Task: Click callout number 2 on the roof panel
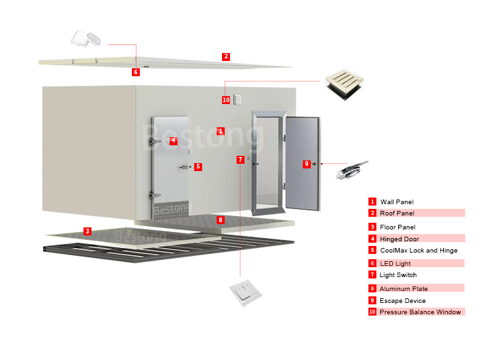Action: (x=226, y=57)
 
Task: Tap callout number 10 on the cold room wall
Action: (x=226, y=100)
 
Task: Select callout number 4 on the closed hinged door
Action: (x=173, y=141)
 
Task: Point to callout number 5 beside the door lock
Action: (x=198, y=167)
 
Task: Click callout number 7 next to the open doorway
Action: (x=240, y=160)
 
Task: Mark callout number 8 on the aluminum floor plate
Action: (x=221, y=219)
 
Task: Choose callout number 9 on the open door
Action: (x=306, y=164)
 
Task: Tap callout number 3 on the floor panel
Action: (x=87, y=231)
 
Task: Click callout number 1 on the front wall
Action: (x=221, y=131)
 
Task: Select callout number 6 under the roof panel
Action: (x=136, y=72)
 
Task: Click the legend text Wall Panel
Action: (x=397, y=202)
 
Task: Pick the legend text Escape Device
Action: (x=402, y=300)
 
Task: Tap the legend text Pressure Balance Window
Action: (x=420, y=312)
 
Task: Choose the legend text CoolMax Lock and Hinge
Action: (x=418, y=251)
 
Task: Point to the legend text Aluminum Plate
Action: (x=404, y=288)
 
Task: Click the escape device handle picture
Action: (x=351, y=170)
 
